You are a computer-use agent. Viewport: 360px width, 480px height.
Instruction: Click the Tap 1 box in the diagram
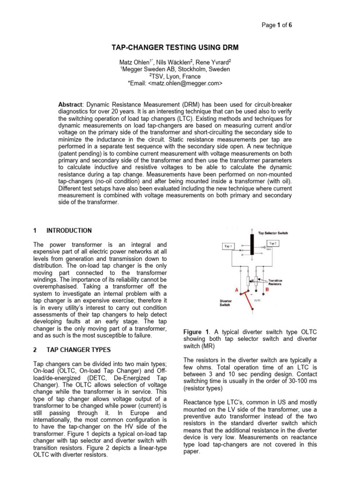[229, 246]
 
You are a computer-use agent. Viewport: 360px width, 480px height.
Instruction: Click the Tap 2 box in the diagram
[273, 243]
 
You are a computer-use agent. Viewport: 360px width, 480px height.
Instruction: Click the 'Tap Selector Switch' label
[274, 232]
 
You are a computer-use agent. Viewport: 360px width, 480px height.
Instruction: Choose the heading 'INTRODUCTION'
[69, 231]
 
